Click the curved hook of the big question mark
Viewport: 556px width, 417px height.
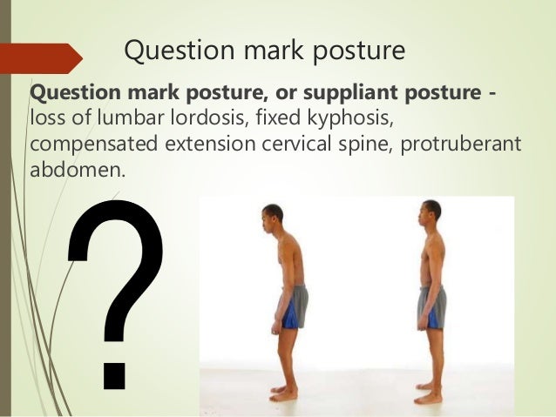pos(118,252)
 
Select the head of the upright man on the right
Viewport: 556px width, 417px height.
pos(431,212)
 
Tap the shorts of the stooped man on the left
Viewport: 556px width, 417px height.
pos(294,307)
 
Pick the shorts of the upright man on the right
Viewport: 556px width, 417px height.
pos(432,307)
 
